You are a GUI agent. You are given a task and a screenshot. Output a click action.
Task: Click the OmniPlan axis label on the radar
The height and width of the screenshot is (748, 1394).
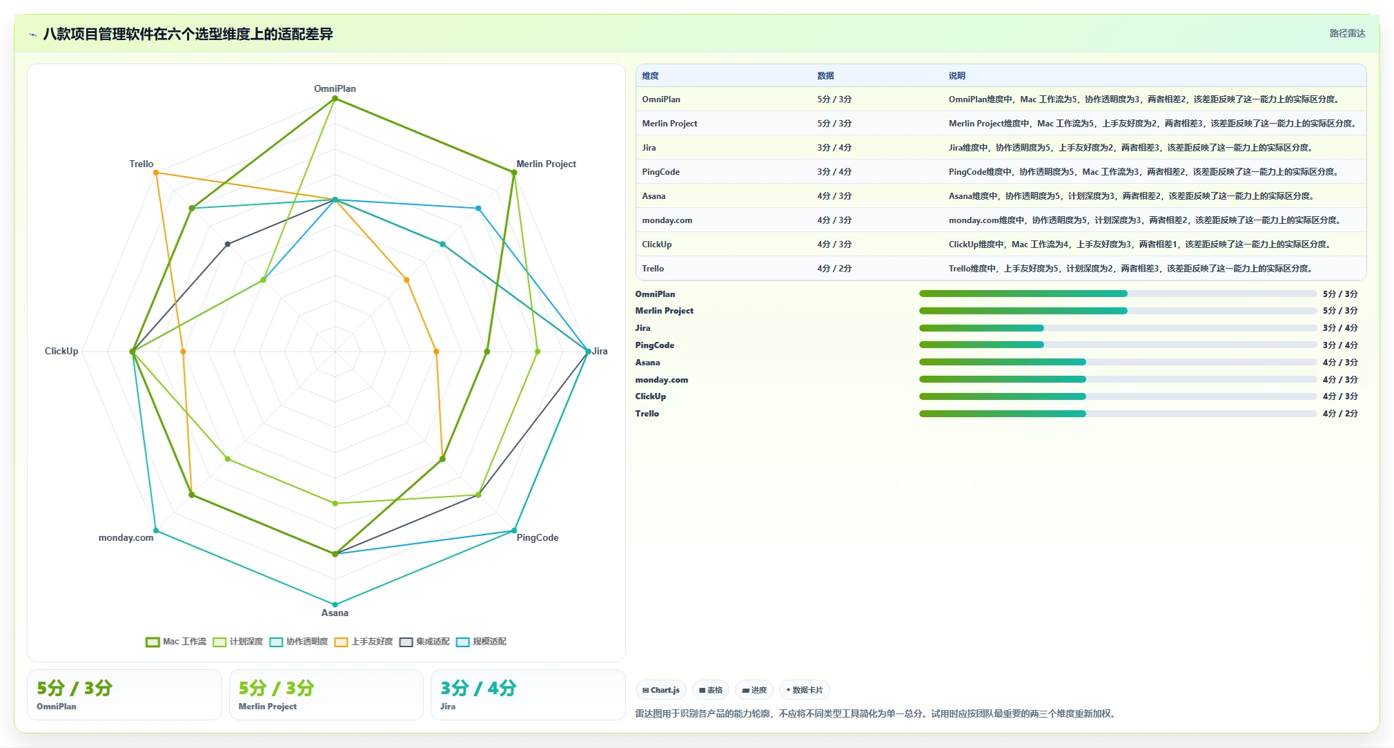pos(335,88)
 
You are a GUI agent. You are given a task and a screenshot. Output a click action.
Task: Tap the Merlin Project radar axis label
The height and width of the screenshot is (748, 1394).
pos(546,164)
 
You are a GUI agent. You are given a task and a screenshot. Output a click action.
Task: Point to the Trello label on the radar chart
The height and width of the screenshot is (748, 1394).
pos(141,164)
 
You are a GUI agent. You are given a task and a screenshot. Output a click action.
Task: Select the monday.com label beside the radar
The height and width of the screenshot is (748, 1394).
pos(126,537)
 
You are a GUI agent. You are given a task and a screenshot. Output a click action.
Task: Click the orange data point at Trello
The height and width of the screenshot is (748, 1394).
pos(156,173)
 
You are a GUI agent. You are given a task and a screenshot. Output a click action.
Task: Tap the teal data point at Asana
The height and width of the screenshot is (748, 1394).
pos(335,604)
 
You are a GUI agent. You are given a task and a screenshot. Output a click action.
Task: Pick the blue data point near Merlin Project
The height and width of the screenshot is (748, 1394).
pos(478,208)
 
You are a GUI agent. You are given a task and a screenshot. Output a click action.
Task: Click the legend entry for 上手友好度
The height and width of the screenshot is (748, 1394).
pos(364,642)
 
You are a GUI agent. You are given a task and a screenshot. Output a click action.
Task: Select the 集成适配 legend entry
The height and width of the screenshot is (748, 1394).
pos(424,642)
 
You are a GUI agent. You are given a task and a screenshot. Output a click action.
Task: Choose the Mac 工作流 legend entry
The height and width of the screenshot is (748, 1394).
pos(176,642)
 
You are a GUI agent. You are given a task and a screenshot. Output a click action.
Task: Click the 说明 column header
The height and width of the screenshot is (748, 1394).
pos(956,75)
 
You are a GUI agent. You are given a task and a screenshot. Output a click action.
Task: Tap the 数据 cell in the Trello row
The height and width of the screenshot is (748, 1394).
pos(834,268)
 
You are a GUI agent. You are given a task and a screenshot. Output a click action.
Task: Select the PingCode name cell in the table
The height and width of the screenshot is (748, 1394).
pos(660,171)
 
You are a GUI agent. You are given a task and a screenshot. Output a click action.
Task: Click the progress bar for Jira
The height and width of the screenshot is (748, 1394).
pos(1118,328)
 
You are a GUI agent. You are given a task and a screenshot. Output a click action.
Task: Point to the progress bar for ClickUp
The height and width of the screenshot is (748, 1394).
pos(1118,396)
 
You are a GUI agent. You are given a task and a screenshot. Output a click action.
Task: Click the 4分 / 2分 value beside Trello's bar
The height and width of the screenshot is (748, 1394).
pos(1340,413)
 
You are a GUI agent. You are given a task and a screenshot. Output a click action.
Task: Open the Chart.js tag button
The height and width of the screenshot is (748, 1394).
pos(661,690)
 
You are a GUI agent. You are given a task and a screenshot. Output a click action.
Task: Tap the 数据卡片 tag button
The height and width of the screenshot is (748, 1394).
pos(805,690)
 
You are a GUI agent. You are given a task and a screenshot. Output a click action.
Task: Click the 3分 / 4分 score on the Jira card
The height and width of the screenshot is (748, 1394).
pos(478,688)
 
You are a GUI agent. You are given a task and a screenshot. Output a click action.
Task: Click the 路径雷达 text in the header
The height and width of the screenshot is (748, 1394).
pos(1347,33)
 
